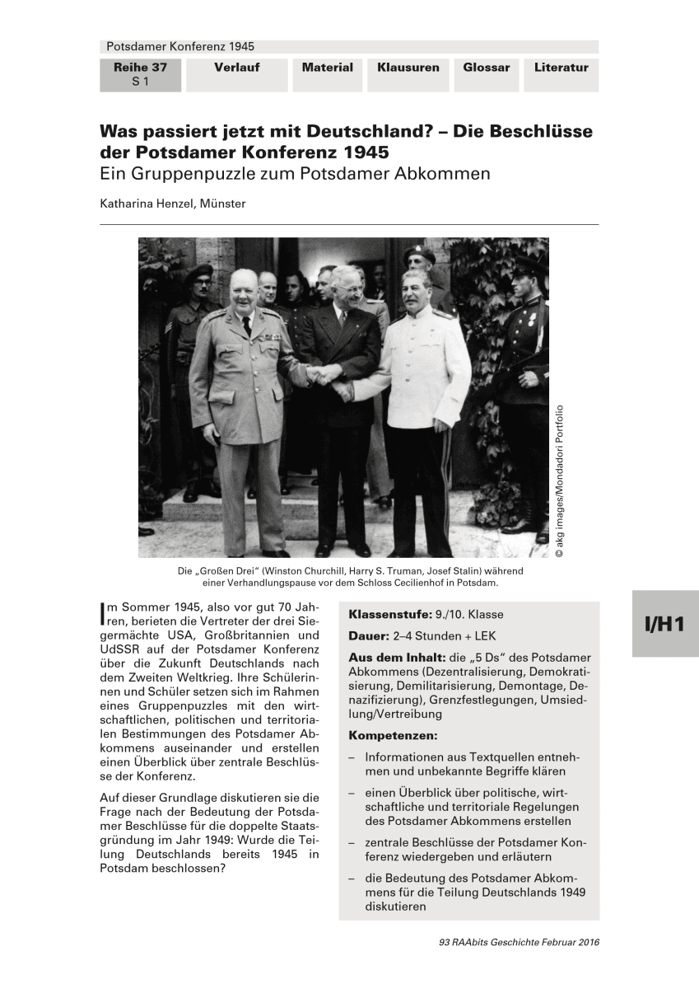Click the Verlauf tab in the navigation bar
237,68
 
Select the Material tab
327,68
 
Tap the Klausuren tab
408,68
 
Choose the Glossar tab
486,68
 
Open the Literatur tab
561,68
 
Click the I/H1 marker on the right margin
664,624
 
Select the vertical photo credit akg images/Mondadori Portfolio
560,482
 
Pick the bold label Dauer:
368,636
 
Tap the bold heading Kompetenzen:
394,734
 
